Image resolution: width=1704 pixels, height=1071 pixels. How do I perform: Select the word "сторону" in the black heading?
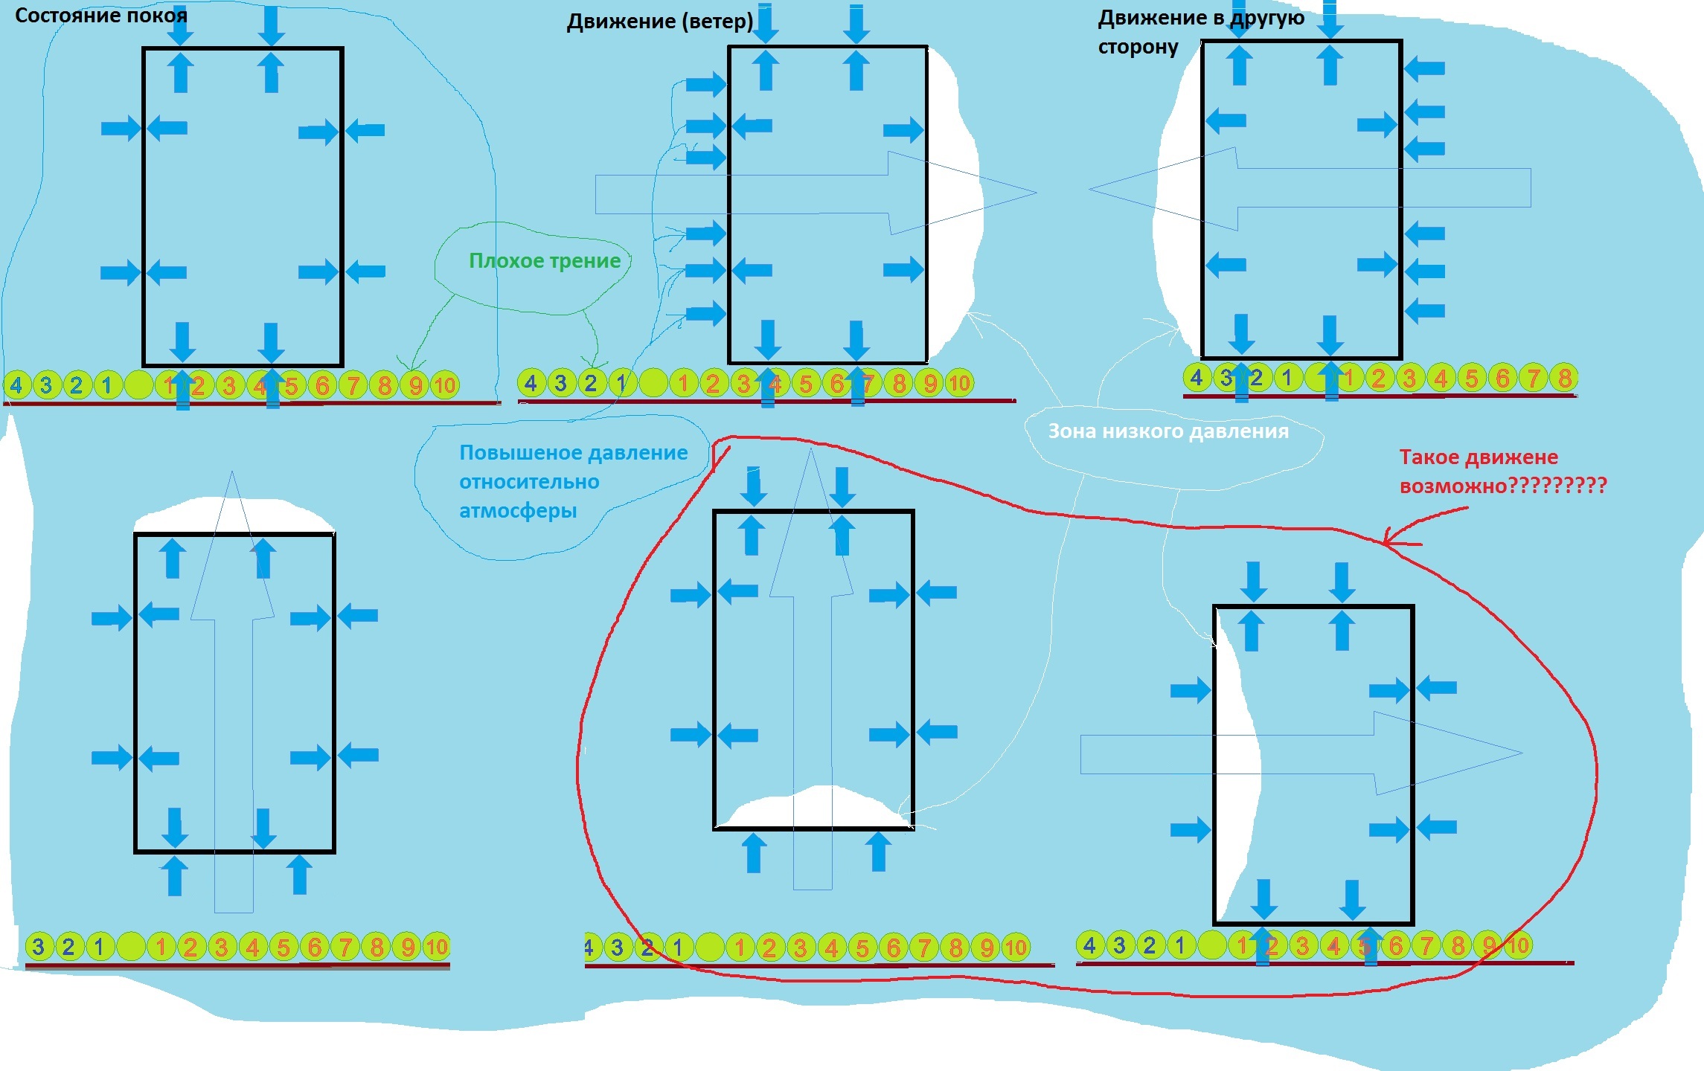[x=1138, y=48]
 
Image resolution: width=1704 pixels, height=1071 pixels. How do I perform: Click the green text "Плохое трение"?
[x=545, y=260]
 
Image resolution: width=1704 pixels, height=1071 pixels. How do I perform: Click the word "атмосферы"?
[x=518, y=511]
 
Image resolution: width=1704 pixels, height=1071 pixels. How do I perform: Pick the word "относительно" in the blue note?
[x=529, y=482]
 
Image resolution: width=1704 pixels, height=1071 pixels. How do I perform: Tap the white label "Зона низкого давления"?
[x=1168, y=431]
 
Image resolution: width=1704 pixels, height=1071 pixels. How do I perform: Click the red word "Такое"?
[x=1431, y=457]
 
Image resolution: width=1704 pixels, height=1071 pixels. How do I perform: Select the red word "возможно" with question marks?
[x=1503, y=486]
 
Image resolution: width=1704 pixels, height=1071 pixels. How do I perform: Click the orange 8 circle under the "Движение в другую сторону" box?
[x=1564, y=378]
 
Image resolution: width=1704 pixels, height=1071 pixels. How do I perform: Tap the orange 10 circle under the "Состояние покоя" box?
[x=445, y=385]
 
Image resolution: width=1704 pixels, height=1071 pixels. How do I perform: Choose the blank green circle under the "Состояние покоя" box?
[x=138, y=385]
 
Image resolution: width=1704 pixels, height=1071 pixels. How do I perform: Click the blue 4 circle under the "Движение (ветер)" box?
[x=531, y=383]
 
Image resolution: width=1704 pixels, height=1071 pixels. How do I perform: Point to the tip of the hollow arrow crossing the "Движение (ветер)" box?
[x=1037, y=192]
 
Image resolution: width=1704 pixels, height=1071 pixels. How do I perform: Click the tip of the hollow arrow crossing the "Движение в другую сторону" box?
[x=1089, y=190]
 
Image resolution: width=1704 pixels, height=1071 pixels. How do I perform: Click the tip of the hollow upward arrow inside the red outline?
[x=810, y=448]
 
